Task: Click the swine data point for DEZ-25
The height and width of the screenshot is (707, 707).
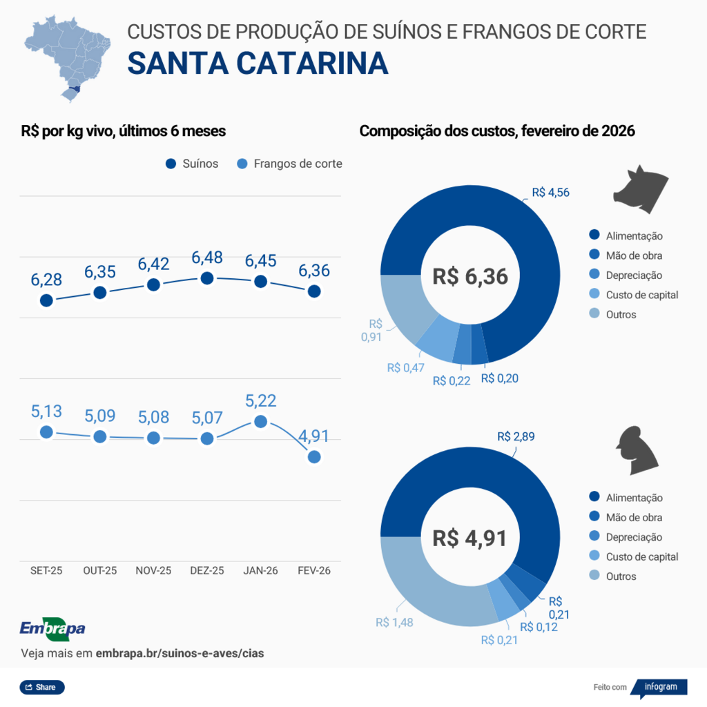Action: pyautogui.click(x=206, y=278)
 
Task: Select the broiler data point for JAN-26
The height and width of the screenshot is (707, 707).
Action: pyautogui.click(x=260, y=421)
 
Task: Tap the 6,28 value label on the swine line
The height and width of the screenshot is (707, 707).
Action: pyautogui.click(x=46, y=280)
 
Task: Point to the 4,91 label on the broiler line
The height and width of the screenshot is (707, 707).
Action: pyautogui.click(x=313, y=436)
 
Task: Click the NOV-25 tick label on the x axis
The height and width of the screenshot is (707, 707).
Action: pyautogui.click(x=153, y=571)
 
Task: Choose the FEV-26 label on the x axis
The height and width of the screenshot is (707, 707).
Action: pyautogui.click(x=313, y=571)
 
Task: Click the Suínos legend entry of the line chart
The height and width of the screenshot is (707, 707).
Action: pyautogui.click(x=193, y=164)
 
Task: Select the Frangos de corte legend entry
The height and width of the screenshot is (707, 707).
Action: pyautogui.click(x=290, y=164)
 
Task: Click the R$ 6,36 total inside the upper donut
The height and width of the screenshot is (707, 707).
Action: pyautogui.click(x=470, y=277)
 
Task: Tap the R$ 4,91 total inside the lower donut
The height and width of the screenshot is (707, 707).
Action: pyautogui.click(x=470, y=538)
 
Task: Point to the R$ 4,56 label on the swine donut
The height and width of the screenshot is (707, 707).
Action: pyautogui.click(x=550, y=193)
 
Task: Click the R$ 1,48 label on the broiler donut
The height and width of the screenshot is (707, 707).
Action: pyautogui.click(x=394, y=622)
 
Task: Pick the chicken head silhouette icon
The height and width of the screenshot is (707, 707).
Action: pyautogui.click(x=637, y=450)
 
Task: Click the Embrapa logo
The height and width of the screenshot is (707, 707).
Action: pyautogui.click(x=52, y=628)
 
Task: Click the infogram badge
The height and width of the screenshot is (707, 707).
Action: pyautogui.click(x=660, y=687)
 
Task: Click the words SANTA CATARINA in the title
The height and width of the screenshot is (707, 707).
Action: pyautogui.click(x=258, y=63)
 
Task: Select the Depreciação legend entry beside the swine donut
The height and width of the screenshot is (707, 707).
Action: pyautogui.click(x=626, y=275)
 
